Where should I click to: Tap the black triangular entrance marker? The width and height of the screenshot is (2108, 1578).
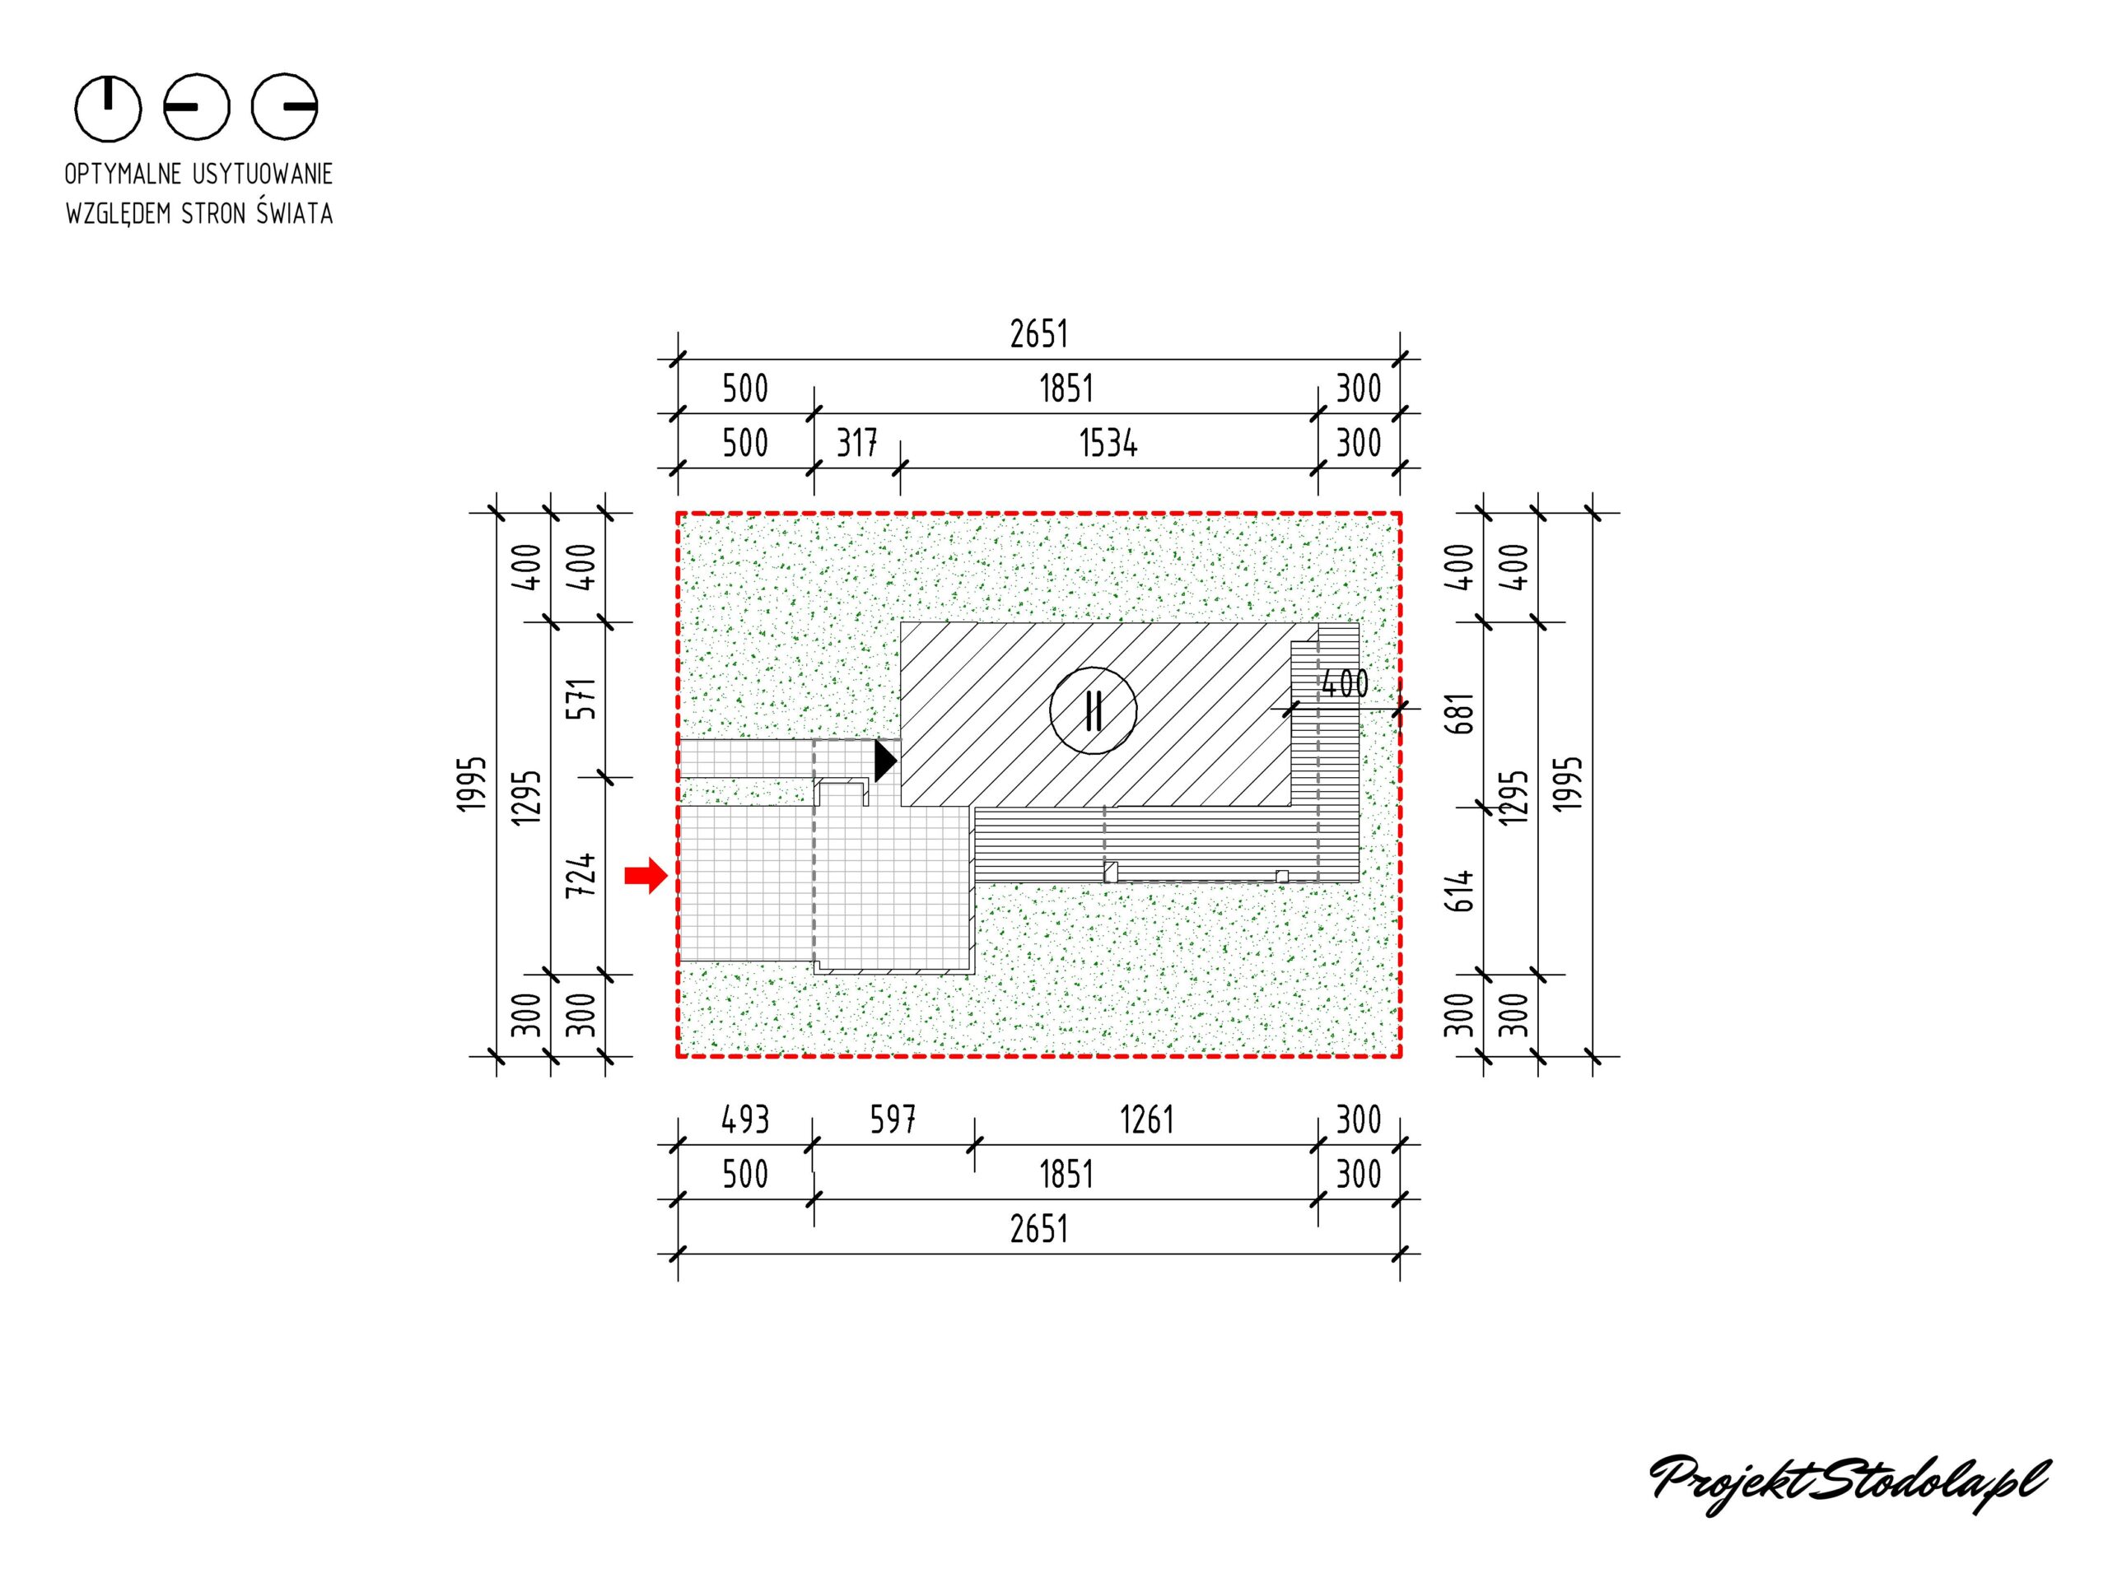pyautogui.click(x=885, y=761)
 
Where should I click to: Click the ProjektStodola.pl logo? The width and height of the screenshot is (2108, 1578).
pyautogui.click(x=1849, y=1483)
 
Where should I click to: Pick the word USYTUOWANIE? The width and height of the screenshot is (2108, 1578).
pyautogui.click(x=263, y=175)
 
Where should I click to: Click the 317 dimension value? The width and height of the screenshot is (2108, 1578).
pyautogui.click(x=856, y=443)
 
